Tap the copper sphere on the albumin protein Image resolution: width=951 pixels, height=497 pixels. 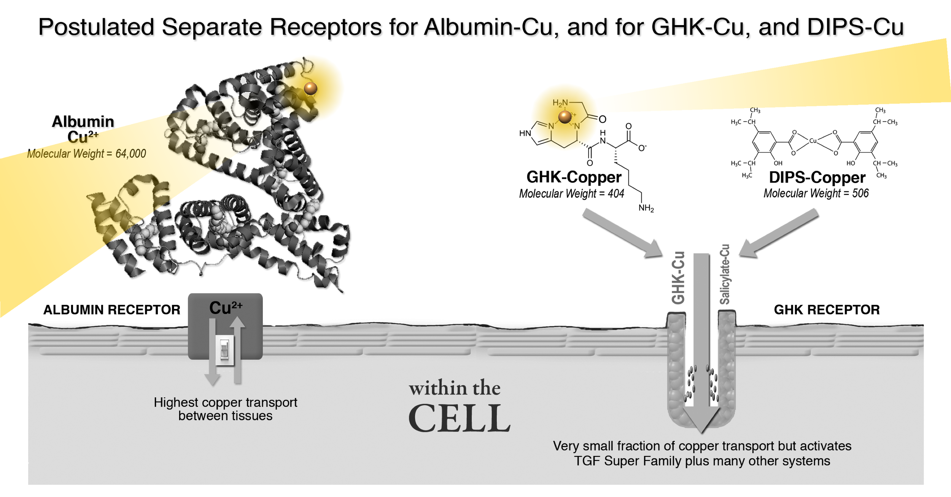(310, 88)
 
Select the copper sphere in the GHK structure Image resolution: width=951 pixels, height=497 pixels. (565, 116)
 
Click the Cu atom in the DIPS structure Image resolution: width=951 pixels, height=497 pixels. (813, 141)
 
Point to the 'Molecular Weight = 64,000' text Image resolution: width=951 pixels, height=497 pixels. (86, 154)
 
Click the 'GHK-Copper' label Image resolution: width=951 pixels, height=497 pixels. (574, 177)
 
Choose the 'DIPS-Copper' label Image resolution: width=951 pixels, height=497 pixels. (817, 178)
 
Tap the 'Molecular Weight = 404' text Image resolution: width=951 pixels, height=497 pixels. (571, 194)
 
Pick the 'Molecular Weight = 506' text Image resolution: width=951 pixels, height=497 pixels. (816, 194)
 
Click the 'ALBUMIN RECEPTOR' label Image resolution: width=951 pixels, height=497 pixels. (111, 310)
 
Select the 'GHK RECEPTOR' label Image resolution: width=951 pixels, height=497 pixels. (827, 310)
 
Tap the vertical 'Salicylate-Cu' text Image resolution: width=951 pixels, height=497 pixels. (725, 274)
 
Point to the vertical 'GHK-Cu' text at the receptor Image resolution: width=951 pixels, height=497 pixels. (678, 277)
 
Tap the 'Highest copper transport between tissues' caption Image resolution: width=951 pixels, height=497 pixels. (225, 409)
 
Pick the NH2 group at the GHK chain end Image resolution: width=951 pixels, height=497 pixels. (646, 208)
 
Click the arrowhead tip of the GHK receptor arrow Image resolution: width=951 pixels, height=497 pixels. (702, 433)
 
